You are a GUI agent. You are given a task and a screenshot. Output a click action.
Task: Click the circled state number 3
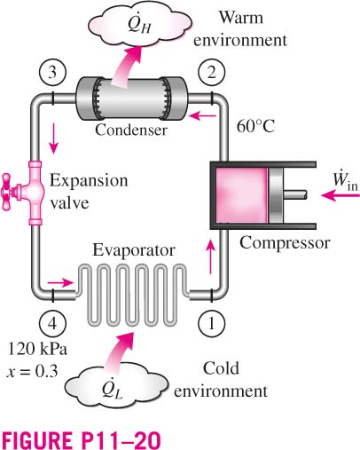pyautogui.click(x=52, y=73)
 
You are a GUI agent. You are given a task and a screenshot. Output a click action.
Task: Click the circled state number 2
pyautogui.click(x=212, y=73)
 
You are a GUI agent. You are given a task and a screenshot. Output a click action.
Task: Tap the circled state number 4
pyautogui.click(x=52, y=324)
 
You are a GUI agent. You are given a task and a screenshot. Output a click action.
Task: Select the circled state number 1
pyautogui.click(x=212, y=324)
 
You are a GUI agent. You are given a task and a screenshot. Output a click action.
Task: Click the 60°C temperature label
pyautogui.click(x=256, y=127)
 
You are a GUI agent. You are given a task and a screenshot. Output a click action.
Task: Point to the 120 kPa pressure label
pyautogui.click(x=37, y=349)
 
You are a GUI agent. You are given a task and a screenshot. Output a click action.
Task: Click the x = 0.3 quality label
pyautogui.click(x=32, y=371)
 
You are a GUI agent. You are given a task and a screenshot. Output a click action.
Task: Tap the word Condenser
pyautogui.click(x=131, y=130)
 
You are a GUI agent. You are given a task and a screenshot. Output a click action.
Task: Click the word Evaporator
pyautogui.click(x=134, y=250)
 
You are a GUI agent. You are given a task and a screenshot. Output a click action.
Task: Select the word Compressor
pyautogui.click(x=285, y=243)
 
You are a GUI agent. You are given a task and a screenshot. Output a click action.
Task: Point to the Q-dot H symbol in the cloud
pyautogui.click(x=140, y=23)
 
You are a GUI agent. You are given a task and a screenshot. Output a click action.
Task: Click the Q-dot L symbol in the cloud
pyautogui.click(x=113, y=389)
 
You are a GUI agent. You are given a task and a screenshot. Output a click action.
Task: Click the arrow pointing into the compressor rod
pyautogui.click(x=340, y=195)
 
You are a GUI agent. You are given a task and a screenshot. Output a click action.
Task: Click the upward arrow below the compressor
pyautogui.click(x=210, y=257)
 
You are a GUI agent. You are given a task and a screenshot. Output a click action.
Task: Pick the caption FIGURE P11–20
pyautogui.click(x=82, y=440)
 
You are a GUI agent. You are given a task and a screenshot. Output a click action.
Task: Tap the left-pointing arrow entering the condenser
pyautogui.click(x=203, y=115)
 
